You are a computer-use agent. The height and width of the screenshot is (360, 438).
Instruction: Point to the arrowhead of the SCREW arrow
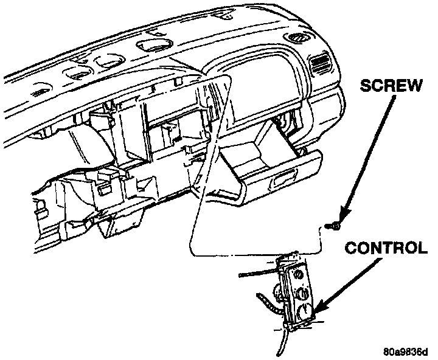point(341,218)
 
